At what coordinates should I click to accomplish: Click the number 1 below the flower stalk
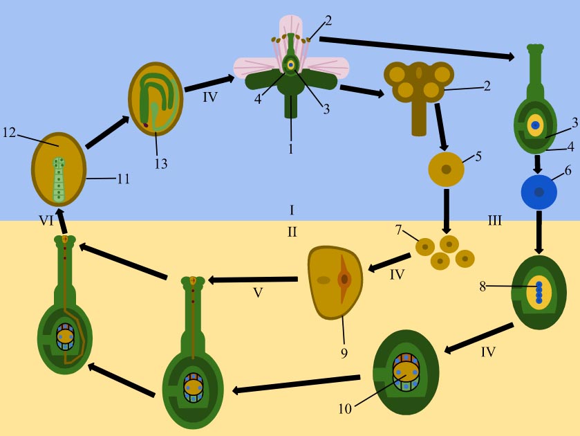coord(291,149)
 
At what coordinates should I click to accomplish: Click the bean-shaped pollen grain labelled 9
coord(336,282)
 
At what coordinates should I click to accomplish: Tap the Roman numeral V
coord(258,292)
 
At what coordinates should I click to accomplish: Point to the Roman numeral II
coord(292,231)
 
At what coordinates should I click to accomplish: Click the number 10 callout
coord(344,408)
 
